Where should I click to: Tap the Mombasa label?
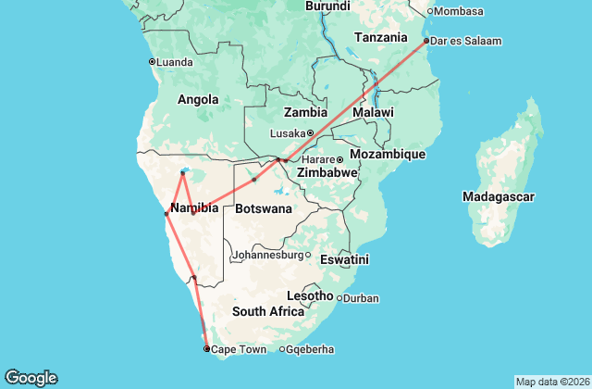(x=461, y=11)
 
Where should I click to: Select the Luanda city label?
(x=176, y=62)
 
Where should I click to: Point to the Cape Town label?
(x=239, y=349)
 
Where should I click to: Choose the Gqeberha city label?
(x=311, y=349)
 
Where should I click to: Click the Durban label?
(x=362, y=298)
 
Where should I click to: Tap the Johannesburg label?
(x=266, y=255)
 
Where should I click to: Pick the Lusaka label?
(x=287, y=133)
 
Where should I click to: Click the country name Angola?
(x=198, y=100)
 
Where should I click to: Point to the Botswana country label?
(x=264, y=209)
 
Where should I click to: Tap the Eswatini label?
(x=345, y=259)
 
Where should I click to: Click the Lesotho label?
(x=310, y=295)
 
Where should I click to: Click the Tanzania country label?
(x=381, y=38)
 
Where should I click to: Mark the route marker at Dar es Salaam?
(x=425, y=41)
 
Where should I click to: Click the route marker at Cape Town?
(x=206, y=349)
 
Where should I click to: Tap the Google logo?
(x=31, y=378)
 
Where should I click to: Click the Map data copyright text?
(x=551, y=382)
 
